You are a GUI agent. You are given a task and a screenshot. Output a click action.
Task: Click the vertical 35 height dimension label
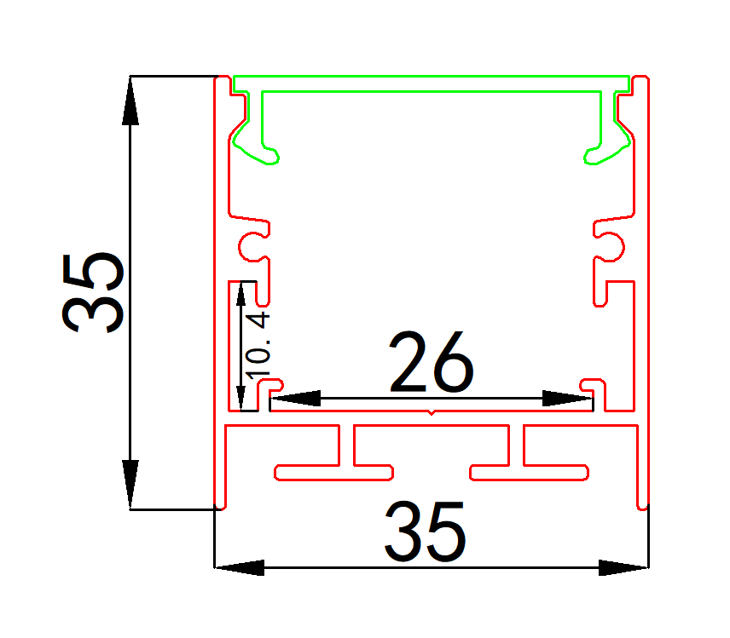click(x=94, y=292)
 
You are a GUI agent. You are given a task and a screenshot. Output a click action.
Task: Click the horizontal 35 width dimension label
click(x=425, y=532)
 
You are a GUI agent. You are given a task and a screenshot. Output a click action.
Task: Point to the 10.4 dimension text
click(x=258, y=345)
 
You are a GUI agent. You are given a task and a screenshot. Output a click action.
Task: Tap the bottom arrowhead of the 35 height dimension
click(x=130, y=486)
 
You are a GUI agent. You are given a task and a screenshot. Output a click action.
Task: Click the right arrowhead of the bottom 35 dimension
click(x=623, y=566)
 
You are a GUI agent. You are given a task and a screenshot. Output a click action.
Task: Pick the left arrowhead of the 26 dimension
click(x=295, y=398)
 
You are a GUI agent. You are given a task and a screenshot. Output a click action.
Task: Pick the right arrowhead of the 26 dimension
click(x=567, y=398)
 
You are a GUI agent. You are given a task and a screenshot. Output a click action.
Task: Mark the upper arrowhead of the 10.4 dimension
click(x=241, y=295)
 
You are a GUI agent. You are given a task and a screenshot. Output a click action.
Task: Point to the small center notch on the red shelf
click(x=431, y=413)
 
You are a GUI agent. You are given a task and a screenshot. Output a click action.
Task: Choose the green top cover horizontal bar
click(x=432, y=83)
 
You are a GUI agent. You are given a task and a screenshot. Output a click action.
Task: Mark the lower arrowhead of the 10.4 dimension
click(x=241, y=395)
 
